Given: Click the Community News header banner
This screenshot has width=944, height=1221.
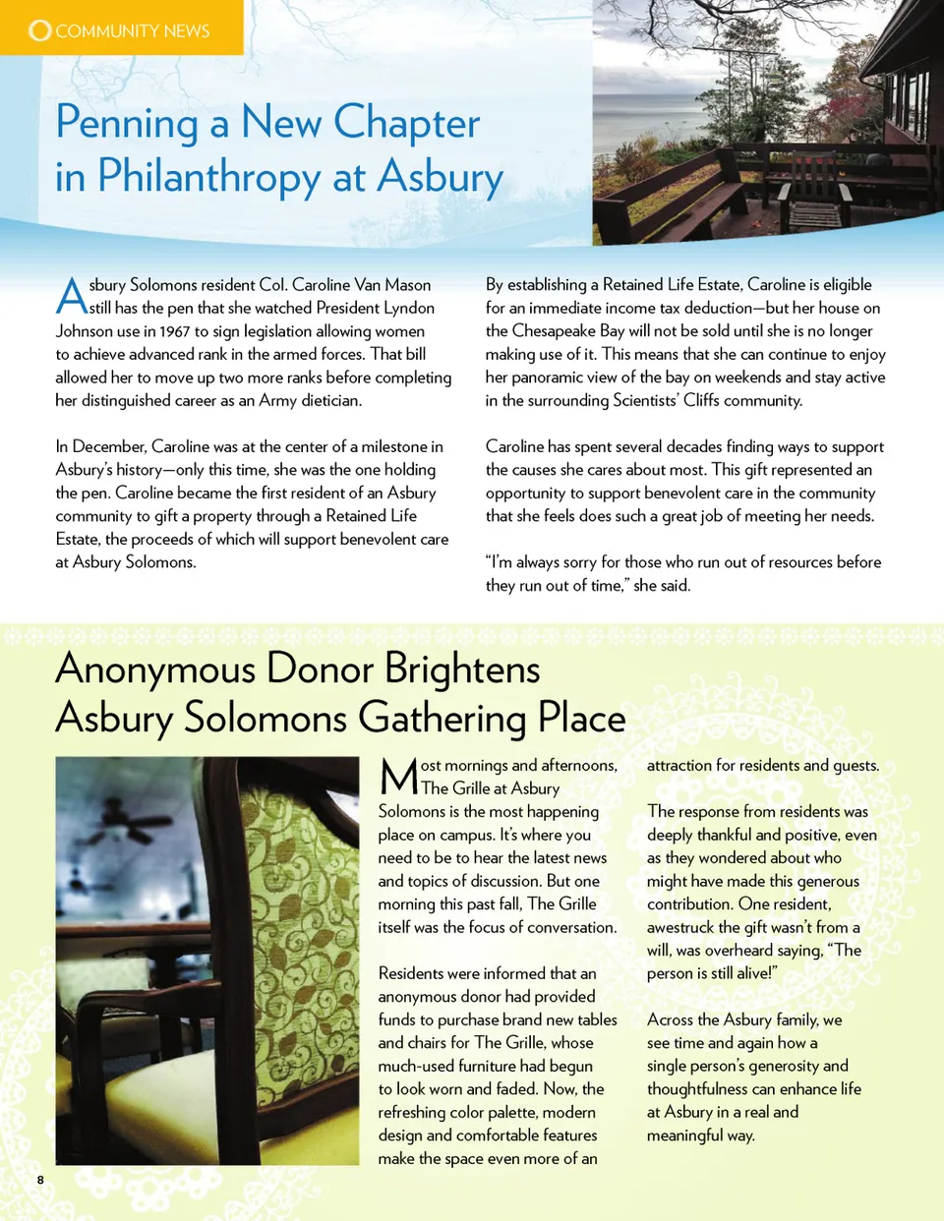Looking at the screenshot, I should coord(121,29).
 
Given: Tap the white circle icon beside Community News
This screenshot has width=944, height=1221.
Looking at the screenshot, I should coord(39,30).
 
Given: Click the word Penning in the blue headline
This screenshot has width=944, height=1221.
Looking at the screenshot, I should coord(128,124).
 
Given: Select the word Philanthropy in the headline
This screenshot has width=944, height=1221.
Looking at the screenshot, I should coord(208,178).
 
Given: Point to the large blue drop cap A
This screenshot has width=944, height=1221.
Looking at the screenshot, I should coord(71,295).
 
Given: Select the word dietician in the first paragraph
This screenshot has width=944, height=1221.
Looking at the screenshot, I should coord(324,400).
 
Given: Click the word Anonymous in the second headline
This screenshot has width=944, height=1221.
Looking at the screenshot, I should coord(155,669).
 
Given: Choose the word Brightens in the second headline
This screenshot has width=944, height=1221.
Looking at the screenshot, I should coord(462,669).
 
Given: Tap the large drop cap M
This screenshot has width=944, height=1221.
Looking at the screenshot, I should coord(399,777).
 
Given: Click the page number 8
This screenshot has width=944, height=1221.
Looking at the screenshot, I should coord(40,1180).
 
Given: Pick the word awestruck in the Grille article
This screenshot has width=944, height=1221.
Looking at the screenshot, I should coord(680,927).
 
